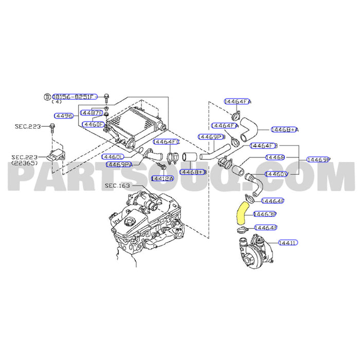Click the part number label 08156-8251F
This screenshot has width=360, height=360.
[x=74, y=96]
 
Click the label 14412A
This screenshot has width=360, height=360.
[x=162, y=178]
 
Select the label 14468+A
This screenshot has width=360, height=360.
[x=285, y=130]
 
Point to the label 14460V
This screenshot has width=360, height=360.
[x=276, y=174]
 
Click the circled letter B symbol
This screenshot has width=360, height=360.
[x=47, y=97]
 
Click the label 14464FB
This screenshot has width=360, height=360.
[x=263, y=146]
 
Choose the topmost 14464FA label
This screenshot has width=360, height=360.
[x=238, y=102]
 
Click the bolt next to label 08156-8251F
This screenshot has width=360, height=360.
[x=106, y=97]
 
